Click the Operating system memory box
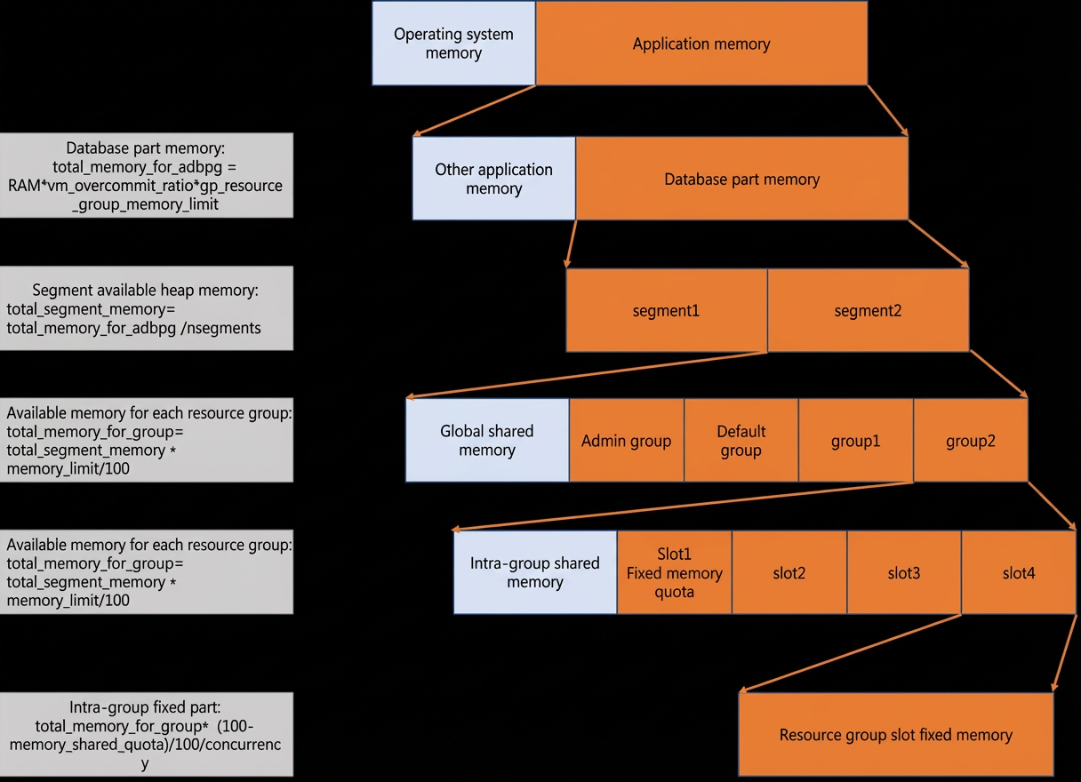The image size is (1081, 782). [453, 43]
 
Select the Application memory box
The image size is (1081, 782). [701, 43]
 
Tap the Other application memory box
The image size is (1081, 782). [493, 179]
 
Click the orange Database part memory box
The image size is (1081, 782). [741, 179]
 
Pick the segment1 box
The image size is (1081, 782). [667, 310]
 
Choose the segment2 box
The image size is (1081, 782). [869, 310]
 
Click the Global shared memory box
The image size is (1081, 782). [487, 440]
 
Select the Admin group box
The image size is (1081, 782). [627, 440]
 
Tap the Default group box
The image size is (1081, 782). [741, 440]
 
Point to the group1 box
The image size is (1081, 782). [856, 440]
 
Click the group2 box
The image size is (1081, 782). [971, 440]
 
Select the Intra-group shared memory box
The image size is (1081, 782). [535, 572]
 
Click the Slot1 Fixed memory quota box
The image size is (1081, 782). [674, 572]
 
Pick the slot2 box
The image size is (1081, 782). [789, 572]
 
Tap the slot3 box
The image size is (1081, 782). [904, 572]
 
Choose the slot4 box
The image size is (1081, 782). [1019, 572]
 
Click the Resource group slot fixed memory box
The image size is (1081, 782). [896, 734]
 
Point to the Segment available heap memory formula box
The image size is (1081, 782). [146, 308]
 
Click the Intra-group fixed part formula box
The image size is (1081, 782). [146, 734]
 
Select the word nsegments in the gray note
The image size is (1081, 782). [223, 328]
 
